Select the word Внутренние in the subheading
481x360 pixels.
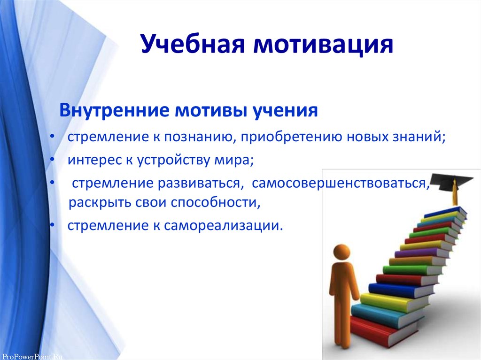pyautogui.click(x=114, y=110)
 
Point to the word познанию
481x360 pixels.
pyautogui.click(x=200, y=137)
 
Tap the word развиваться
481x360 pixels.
pyautogui.click(x=199, y=184)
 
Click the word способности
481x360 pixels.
pyautogui.click(x=216, y=202)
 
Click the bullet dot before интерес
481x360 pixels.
pyautogui.click(x=53, y=159)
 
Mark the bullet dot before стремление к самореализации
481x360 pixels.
pyautogui.click(x=53, y=225)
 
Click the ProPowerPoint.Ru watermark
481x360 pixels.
pyautogui.click(x=32, y=357)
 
